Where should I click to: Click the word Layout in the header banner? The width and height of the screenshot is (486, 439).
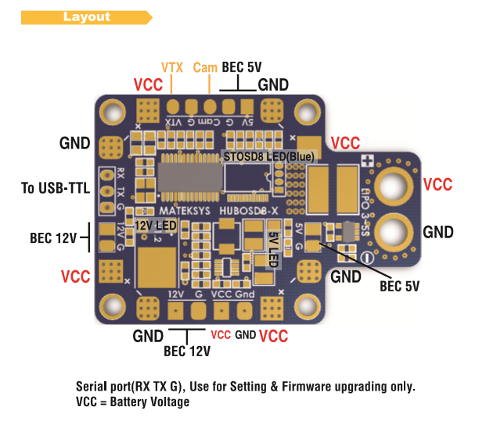87,16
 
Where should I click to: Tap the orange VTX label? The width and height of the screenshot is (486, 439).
171,67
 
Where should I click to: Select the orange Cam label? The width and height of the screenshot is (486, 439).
205,68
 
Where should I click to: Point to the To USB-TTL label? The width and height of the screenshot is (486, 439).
56,188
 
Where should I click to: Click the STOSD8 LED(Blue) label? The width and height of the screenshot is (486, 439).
268,157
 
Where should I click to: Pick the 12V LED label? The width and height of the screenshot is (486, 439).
155,225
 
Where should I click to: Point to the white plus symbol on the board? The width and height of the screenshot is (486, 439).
365,160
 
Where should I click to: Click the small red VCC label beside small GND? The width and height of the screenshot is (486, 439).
221,334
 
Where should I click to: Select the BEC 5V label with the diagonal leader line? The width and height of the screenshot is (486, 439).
399,286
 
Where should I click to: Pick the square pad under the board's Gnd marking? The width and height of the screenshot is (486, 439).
245,310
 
